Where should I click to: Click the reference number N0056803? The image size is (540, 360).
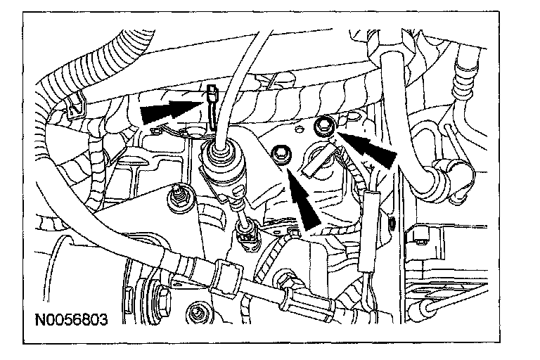71,322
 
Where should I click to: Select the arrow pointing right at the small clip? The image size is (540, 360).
169,110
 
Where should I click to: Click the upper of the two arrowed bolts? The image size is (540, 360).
325,127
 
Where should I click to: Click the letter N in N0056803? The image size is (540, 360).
41,322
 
